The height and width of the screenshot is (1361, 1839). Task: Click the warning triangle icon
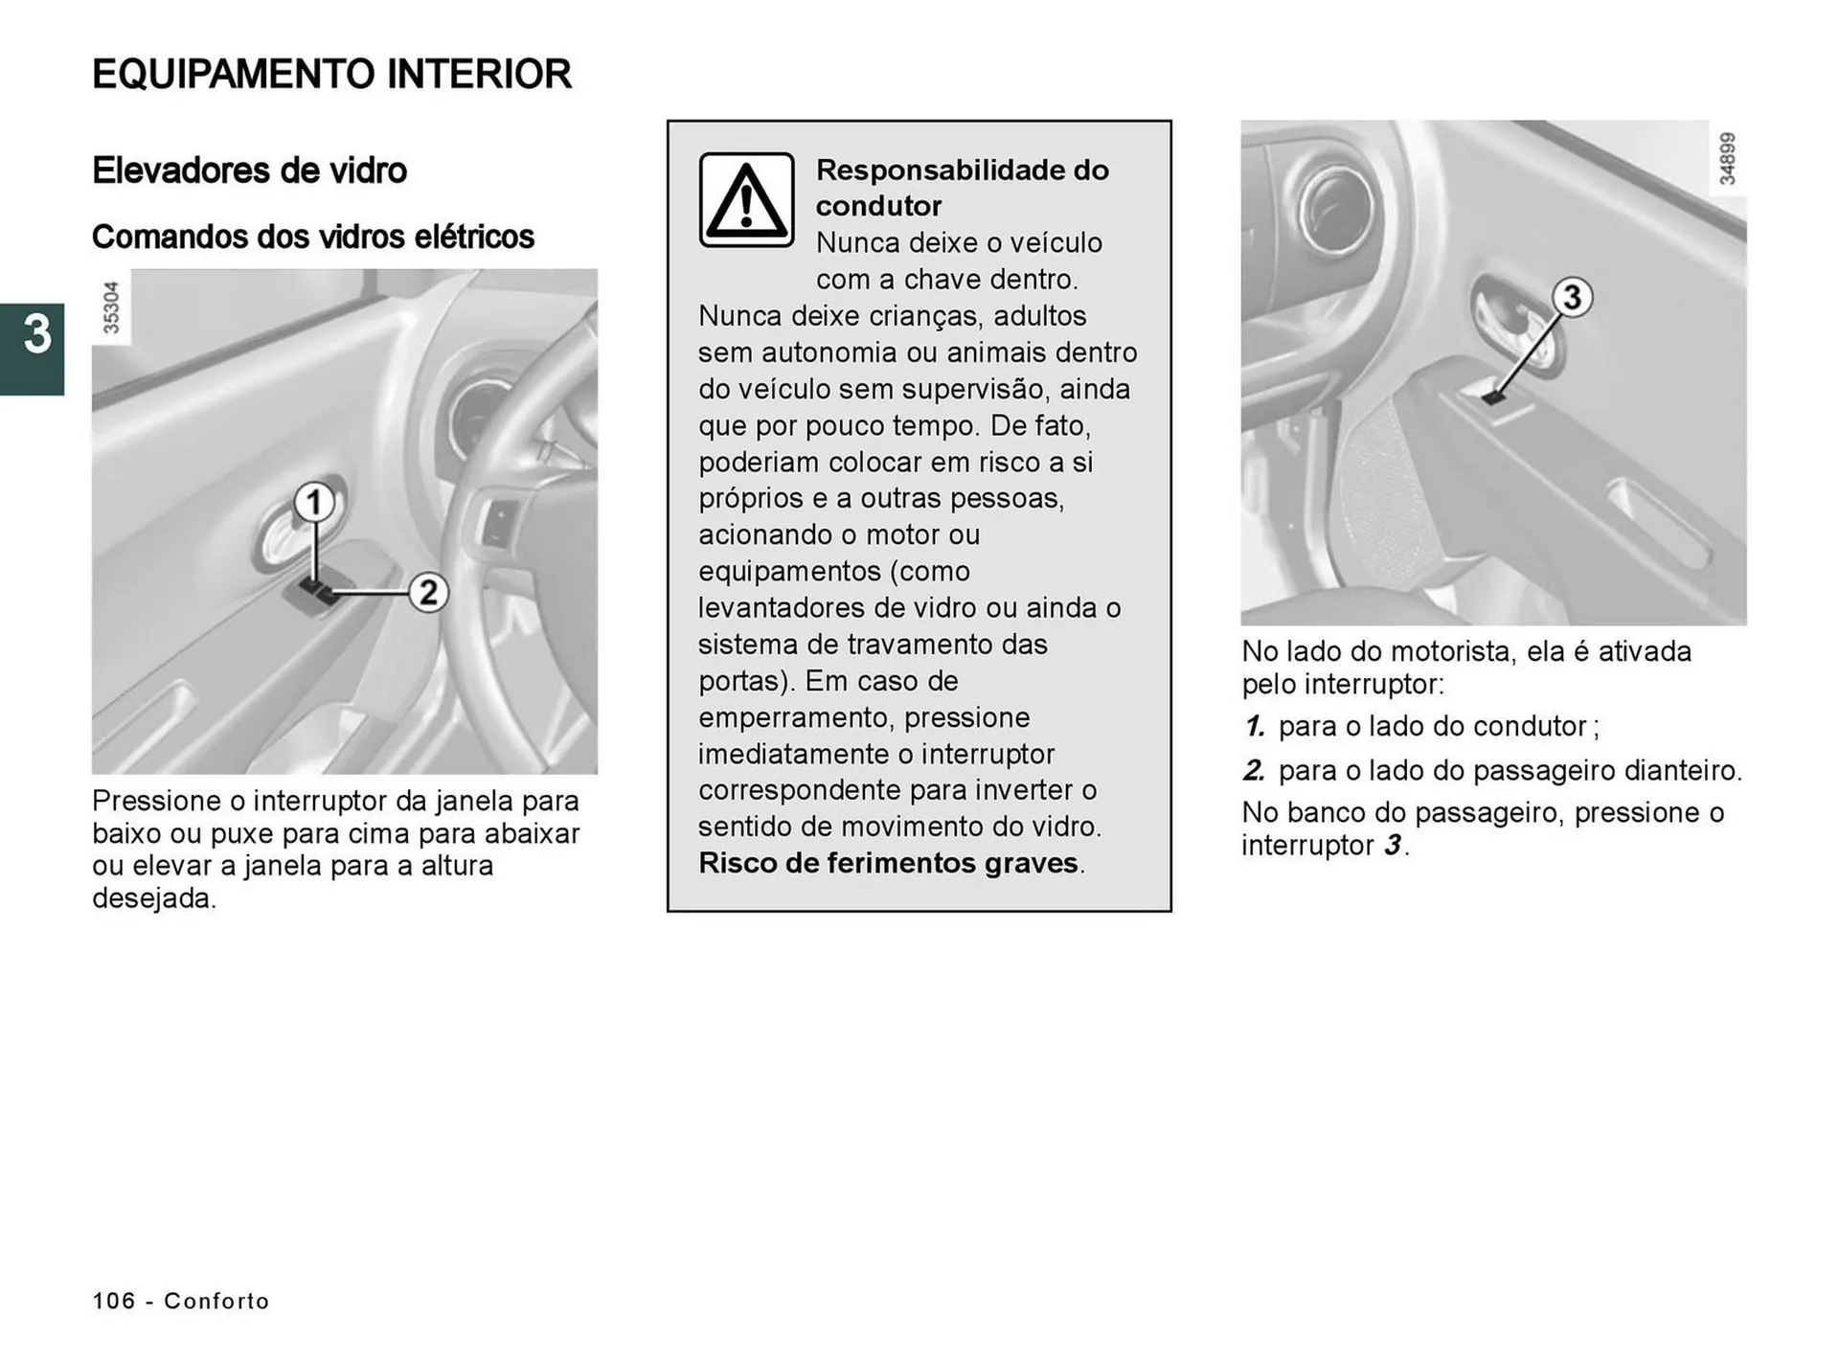coord(746,200)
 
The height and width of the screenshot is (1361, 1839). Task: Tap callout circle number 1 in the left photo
coord(313,503)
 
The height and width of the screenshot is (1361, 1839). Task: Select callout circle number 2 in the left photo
coord(428,593)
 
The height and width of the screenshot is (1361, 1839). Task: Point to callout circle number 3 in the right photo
coord(1572,297)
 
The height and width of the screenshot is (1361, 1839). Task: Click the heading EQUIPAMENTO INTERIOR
coord(331,75)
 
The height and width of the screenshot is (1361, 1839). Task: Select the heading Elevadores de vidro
coord(249,170)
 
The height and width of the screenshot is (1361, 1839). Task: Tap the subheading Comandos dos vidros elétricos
coord(312,237)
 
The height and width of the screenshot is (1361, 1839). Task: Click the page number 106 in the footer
coord(114,1301)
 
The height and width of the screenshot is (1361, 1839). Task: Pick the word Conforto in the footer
coord(216,1301)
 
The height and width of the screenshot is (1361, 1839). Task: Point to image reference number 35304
coord(111,307)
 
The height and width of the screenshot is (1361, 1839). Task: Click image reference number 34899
coord(1727,158)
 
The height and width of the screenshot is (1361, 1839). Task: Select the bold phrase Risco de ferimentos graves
coord(888,863)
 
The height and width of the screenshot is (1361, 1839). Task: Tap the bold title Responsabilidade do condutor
coord(962,188)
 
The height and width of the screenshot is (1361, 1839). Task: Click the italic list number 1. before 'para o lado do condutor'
coord(1255,726)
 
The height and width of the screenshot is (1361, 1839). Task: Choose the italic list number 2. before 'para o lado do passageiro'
coord(1255,770)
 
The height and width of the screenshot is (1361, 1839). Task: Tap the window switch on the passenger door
coord(1493,395)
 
